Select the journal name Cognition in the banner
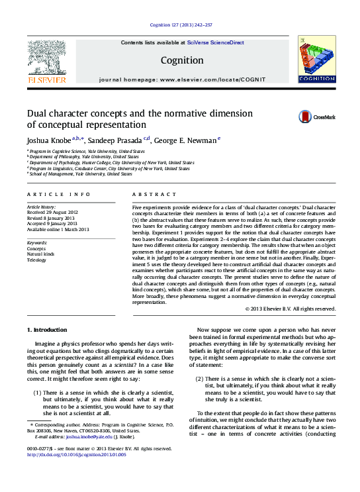coord(181,60)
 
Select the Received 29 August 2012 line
coord(54,212)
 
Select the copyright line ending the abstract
coord(290,309)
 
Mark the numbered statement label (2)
coord(199,378)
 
